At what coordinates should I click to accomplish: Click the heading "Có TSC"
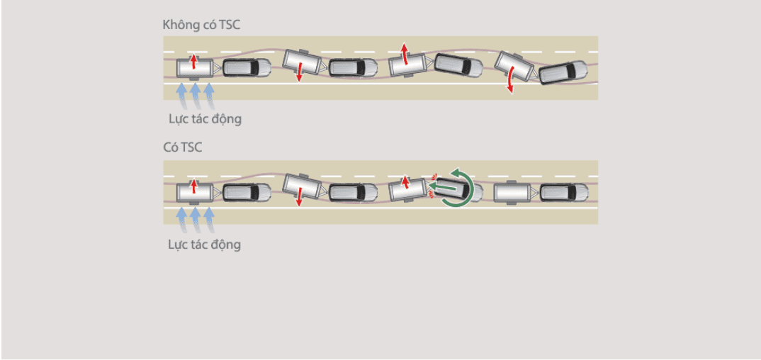[x=182, y=148]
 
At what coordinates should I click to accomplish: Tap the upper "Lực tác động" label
[x=205, y=118]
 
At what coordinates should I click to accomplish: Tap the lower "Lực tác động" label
[x=205, y=244]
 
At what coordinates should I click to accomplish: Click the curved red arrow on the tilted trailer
[x=509, y=82]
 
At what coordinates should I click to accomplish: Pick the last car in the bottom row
[x=564, y=192]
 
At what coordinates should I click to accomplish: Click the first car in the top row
[x=247, y=68]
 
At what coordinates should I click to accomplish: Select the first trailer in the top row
[x=193, y=68]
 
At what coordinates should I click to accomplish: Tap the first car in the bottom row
[x=247, y=192]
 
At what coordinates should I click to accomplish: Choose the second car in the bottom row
[x=352, y=192]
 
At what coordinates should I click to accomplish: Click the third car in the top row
[x=458, y=65]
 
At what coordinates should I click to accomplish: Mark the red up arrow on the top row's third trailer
[x=405, y=52]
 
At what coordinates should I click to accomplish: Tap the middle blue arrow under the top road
[x=195, y=92]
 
